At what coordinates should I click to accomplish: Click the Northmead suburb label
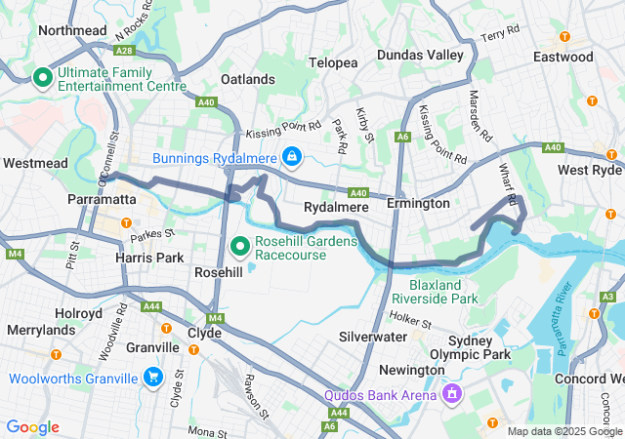point(71,30)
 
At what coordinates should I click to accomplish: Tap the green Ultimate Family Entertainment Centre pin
point(43,77)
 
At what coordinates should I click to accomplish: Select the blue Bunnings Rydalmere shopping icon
point(291,156)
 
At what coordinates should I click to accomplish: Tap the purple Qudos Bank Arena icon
point(451,395)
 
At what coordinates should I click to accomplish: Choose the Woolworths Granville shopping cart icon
point(152,377)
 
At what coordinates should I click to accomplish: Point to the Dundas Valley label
point(420,55)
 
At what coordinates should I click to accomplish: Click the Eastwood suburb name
point(562,58)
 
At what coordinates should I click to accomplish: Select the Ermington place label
point(418,203)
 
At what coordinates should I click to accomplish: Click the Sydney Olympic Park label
point(479,347)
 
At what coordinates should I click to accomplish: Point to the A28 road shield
point(124,49)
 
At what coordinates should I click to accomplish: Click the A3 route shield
point(607,297)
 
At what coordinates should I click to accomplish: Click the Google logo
point(33,427)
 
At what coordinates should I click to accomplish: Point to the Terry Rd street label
point(499,37)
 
